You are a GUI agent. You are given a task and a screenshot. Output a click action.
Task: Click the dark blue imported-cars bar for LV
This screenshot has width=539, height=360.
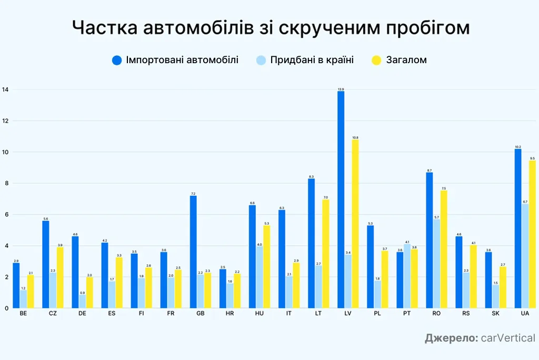[x=341, y=200]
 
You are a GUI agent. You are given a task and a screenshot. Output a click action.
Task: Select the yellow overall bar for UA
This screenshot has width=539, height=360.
[x=533, y=234]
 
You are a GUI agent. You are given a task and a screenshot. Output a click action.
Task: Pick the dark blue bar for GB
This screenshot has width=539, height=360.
[x=193, y=252]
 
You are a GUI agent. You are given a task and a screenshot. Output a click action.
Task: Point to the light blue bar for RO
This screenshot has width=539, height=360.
[x=437, y=264]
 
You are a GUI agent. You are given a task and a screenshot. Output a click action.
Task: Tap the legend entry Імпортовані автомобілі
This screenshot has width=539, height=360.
[x=182, y=60]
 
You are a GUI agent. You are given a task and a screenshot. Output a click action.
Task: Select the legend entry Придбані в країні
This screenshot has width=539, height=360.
[x=312, y=60]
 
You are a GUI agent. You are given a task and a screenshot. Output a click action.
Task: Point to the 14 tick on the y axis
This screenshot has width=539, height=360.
[x=6, y=90]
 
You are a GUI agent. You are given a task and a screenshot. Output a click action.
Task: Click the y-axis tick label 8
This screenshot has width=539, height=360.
[x=6, y=184]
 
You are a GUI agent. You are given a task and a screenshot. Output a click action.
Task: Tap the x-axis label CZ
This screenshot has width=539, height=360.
[x=53, y=314]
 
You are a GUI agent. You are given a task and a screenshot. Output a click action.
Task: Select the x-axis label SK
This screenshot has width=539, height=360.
[x=496, y=314]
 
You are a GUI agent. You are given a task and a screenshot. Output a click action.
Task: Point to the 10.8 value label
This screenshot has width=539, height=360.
[x=356, y=137]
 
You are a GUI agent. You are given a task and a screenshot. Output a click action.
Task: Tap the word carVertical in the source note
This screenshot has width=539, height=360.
[x=508, y=338]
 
